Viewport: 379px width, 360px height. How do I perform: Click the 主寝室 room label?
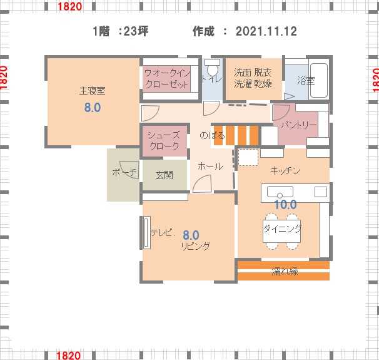point(93,91)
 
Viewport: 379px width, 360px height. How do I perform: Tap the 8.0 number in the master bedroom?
point(93,108)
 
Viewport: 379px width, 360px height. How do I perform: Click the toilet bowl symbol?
point(213,67)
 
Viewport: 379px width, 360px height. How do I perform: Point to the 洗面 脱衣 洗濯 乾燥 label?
point(253,78)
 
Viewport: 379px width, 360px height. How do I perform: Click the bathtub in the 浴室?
point(319,80)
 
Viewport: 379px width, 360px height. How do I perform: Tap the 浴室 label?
point(306,81)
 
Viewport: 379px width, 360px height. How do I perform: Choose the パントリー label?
point(299,125)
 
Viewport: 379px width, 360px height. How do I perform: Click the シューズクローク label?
point(164,141)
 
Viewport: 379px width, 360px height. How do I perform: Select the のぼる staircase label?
point(212,135)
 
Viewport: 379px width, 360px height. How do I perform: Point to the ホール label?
point(210,166)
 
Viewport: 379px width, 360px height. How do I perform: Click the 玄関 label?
point(164,175)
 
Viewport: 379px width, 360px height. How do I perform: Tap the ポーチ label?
point(124,172)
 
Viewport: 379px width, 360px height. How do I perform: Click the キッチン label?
point(285,171)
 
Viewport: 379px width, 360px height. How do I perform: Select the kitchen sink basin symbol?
point(280,192)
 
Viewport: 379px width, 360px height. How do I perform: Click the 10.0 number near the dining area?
point(285,205)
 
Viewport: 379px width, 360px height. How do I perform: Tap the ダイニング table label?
point(282,228)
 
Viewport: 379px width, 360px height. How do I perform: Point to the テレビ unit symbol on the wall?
point(146,232)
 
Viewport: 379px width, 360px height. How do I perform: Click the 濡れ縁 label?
point(285,272)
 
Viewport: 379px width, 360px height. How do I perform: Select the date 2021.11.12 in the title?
point(266,31)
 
